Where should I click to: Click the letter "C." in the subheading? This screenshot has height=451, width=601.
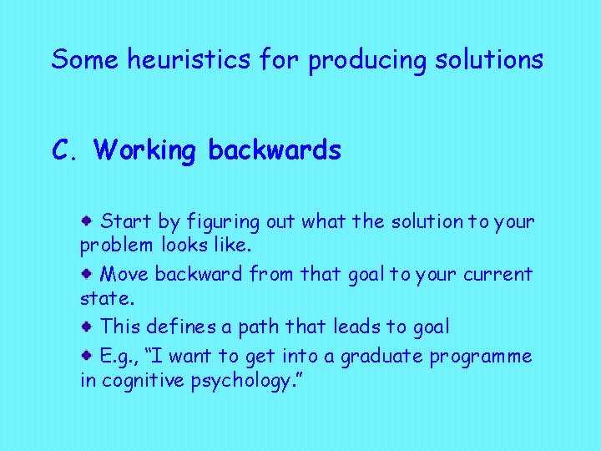point(65,149)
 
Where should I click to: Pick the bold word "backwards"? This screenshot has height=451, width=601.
point(275,149)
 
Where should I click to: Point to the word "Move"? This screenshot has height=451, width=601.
point(125,274)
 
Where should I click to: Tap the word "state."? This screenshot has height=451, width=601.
point(102,298)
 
